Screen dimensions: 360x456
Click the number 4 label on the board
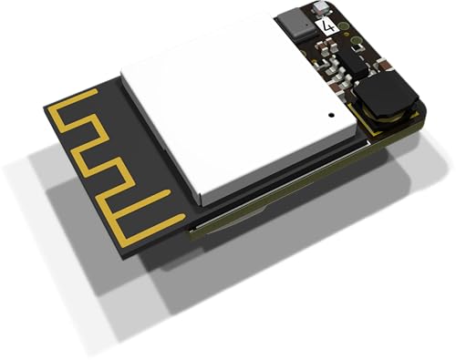(328, 26)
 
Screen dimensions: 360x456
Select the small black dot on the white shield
(329, 117)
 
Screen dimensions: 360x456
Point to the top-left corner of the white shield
(123, 68)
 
